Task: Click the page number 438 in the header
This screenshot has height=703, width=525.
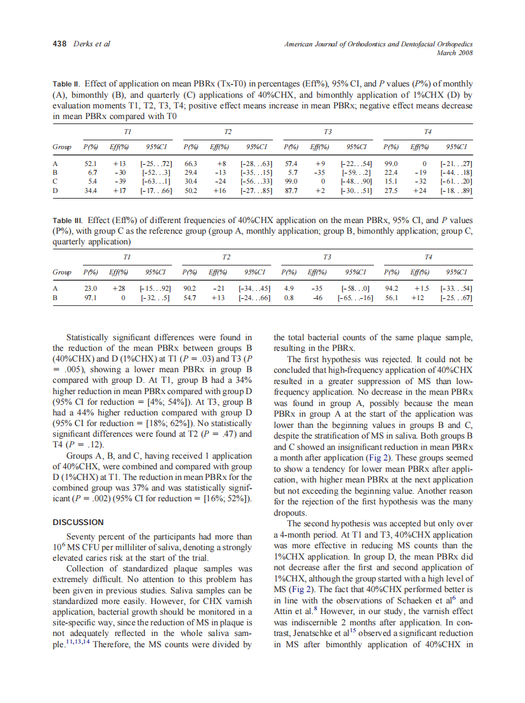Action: pyautogui.click(x=60, y=44)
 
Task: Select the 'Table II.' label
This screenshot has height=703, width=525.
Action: pyautogui.click(x=67, y=83)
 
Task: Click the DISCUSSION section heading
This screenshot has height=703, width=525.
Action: pyautogui.click(x=78, y=522)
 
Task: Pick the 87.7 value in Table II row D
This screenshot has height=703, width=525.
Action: pyautogui.click(x=291, y=190)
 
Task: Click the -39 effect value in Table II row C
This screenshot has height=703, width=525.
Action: pyautogui.click(x=113, y=180)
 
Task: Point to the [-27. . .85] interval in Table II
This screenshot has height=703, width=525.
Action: pyautogui.click(x=256, y=190)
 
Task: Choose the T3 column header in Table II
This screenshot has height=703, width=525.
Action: pyautogui.click(x=326, y=132)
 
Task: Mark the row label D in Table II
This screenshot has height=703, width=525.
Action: pyautogui.click(x=56, y=190)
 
